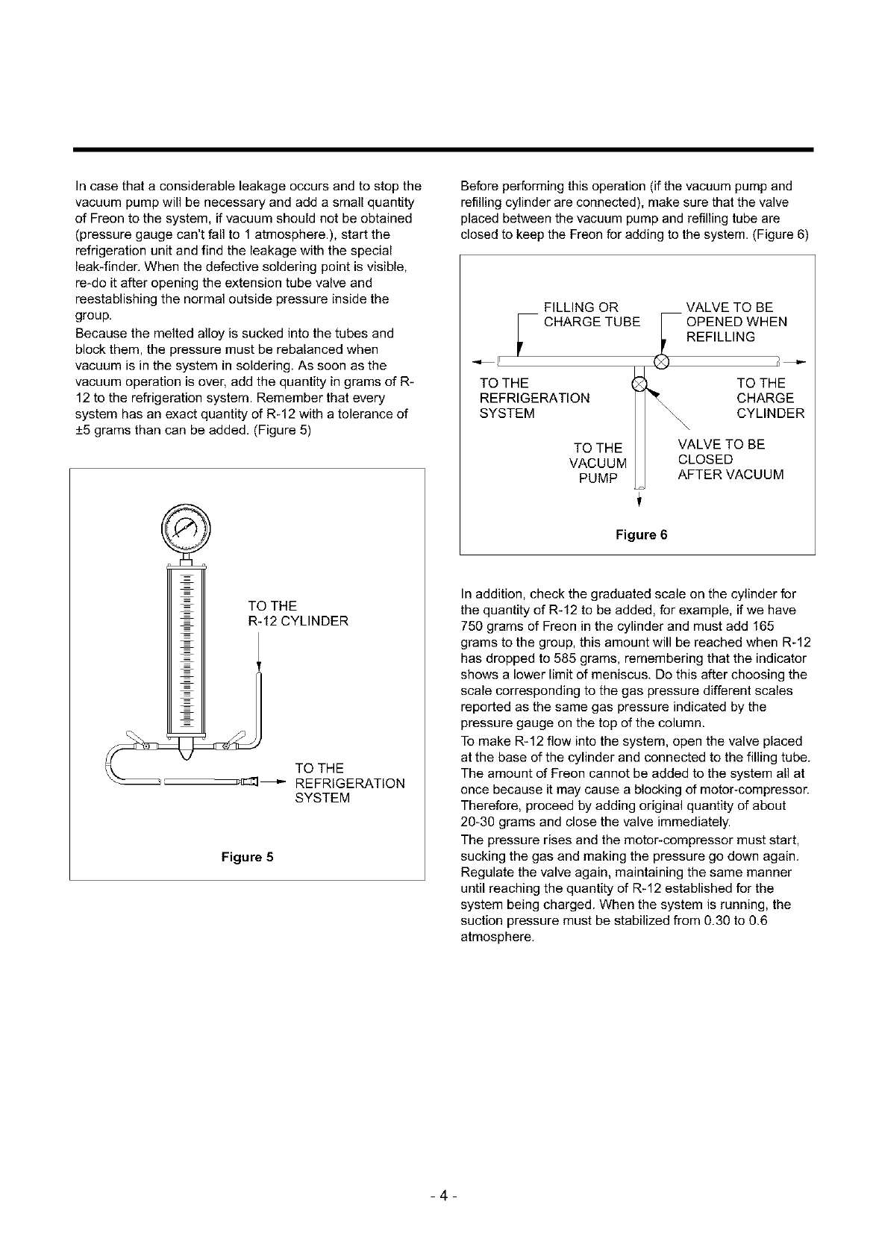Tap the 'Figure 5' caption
coord(247,856)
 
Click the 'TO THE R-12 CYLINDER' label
coord(298,613)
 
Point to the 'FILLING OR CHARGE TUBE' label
coord(592,314)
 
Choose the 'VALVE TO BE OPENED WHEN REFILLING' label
coord(736,322)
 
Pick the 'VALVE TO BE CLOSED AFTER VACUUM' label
coord(730,459)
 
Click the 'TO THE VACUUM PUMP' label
coord(598,463)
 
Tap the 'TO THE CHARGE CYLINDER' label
coord(770,398)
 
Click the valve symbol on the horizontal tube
coord(661,363)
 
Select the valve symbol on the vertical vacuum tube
coord(639,385)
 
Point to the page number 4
coord(443,1196)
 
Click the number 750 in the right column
coord(473,626)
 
